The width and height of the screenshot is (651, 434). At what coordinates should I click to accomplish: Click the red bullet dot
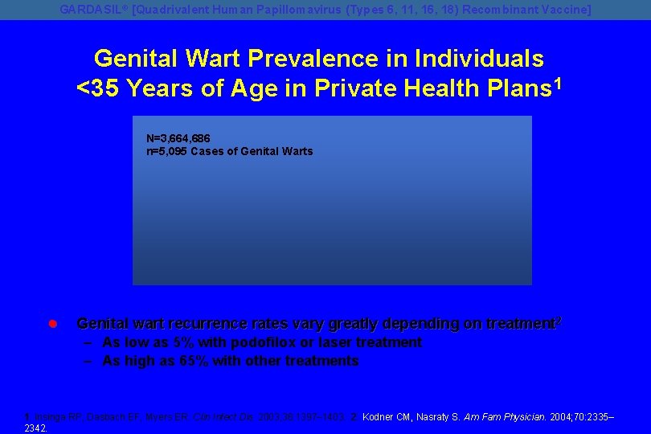tap(51, 324)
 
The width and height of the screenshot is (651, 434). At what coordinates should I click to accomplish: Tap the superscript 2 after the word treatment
tap(559, 320)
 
